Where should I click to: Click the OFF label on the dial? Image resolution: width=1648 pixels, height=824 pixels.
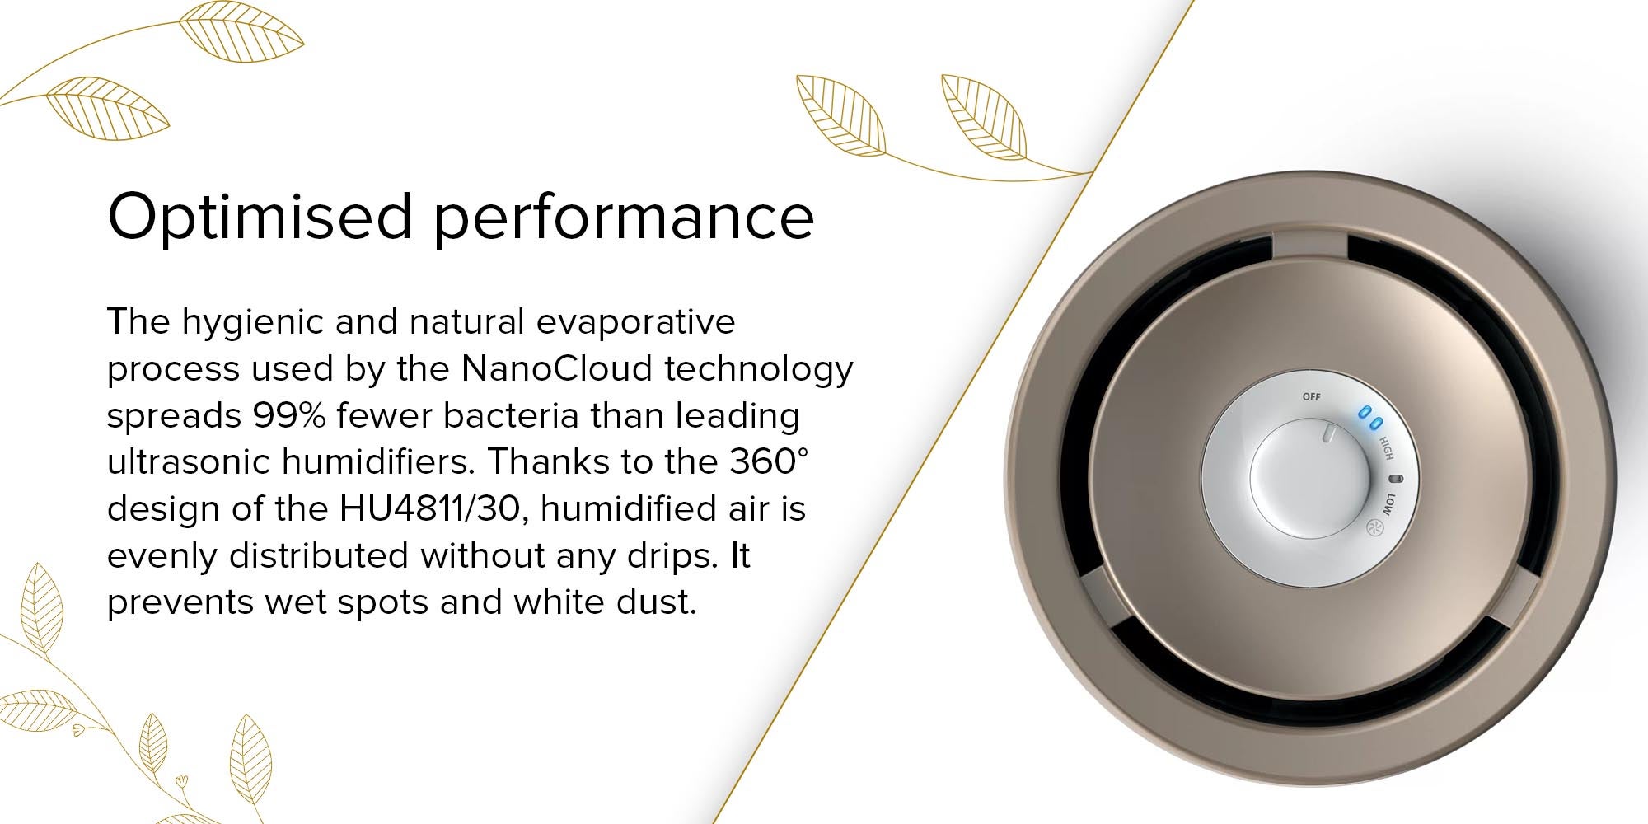click(1311, 396)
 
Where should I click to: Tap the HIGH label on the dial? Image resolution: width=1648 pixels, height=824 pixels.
click(1387, 448)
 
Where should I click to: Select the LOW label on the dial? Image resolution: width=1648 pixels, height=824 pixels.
click(1388, 504)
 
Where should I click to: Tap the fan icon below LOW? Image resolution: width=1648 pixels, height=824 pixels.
click(1374, 528)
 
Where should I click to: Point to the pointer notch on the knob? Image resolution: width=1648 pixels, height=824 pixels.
click(1326, 433)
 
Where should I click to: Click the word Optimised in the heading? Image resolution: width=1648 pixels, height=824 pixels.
click(260, 217)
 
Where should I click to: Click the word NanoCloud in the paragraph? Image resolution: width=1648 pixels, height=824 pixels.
click(557, 368)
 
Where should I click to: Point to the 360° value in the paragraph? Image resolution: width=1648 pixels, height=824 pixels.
click(769, 461)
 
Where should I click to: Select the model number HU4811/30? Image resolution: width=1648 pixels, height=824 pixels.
click(430, 508)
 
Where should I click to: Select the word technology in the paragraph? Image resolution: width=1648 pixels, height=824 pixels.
click(759, 370)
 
